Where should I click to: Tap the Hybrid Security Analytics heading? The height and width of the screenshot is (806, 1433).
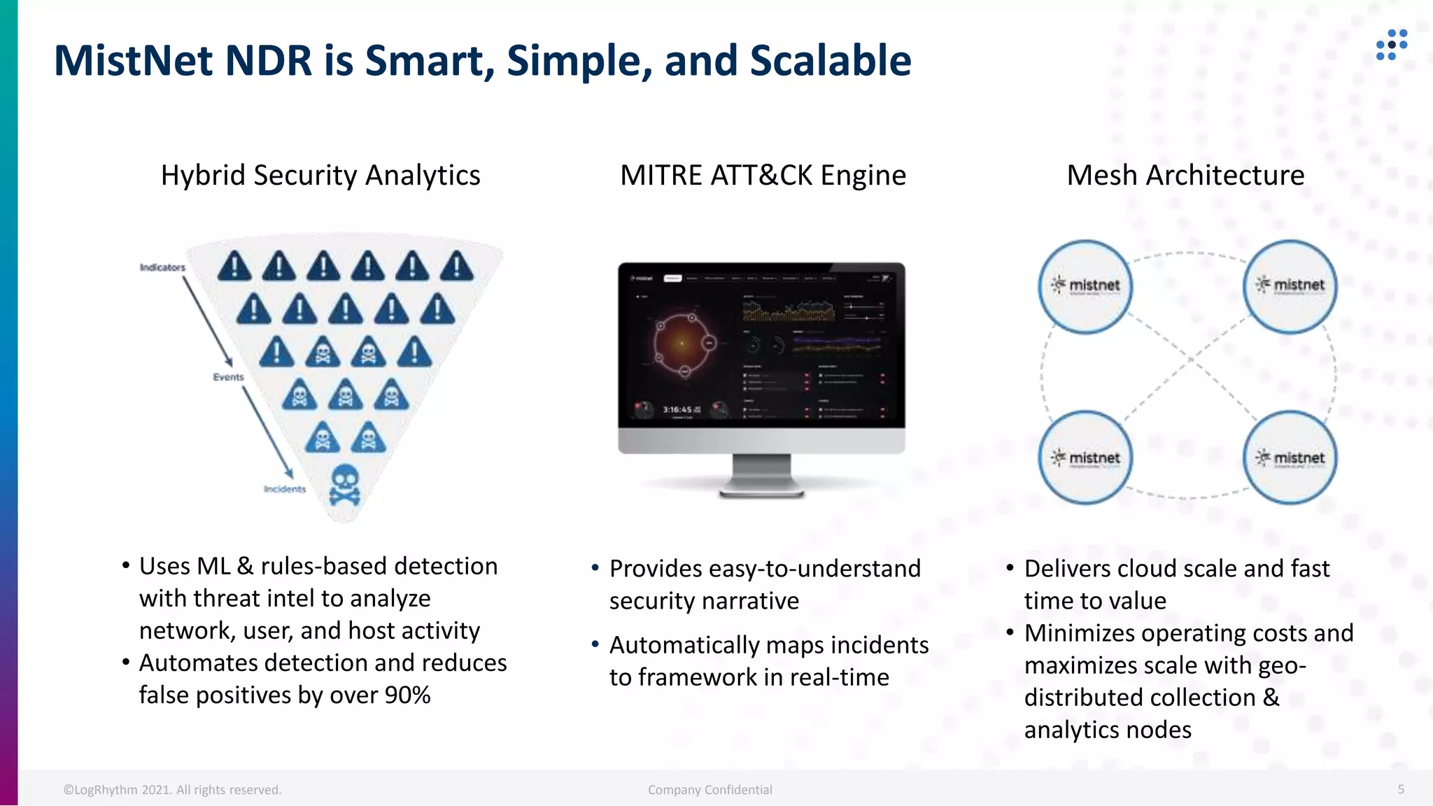pyautogui.click(x=320, y=176)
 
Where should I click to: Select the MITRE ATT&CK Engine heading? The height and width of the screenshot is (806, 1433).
pyautogui.click(x=763, y=176)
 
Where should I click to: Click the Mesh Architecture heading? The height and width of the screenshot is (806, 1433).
pyautogui.click(x=1185, y=176)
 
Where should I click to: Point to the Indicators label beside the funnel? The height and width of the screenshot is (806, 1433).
pyautogui.click(x=162, y=267)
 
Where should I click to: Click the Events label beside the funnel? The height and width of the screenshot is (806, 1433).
pyautogui.click(x=228, y=377)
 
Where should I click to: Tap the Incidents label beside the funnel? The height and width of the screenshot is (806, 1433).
pyautogui.click(x=285, y=489)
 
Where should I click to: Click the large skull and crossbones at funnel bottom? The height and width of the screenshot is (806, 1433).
pyautogui.click(x=344, y=484)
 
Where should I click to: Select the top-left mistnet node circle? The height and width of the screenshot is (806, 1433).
pyautogui.click(x=1085, y=286)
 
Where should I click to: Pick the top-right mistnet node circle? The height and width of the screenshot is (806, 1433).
pyautogui.click(x=1290, y=286)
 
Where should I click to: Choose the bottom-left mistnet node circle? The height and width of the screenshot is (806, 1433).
pyautogui.click(x=1085, y=458)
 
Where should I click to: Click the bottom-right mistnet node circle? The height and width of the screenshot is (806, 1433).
pyautogui.click(x=1290, y=458)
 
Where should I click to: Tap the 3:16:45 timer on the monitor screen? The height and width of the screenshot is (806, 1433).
pyautogui.click(x=677, y=409)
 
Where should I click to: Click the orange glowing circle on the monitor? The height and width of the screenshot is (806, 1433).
pyautogui.click(x=682, y=343)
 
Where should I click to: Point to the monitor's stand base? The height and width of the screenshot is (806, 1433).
pyautogui.click(x=761, y=490)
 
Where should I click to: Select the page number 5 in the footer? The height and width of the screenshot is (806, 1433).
pyautogui.click(x=1401, y=789)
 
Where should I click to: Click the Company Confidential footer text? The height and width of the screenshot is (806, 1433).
pyautogui.click(x=710, y=790)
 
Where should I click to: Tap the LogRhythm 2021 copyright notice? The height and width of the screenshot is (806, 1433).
pyautogui.click(x=172, y=790)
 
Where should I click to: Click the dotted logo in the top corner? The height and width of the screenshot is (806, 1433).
pyautogui.click(x=1391, y=44)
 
